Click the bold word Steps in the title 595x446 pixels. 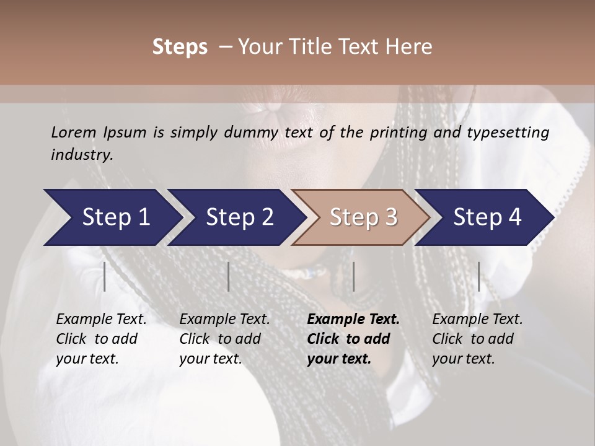180,47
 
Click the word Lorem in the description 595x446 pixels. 74,133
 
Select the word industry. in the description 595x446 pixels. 82,155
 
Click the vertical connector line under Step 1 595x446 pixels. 105,276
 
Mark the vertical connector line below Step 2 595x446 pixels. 229,276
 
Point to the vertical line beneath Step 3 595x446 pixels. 354,276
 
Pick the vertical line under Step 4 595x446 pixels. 478,276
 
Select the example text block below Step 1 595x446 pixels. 101,339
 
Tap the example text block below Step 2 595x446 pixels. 224,339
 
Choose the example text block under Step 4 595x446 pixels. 477,339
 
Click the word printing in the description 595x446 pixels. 399,133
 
